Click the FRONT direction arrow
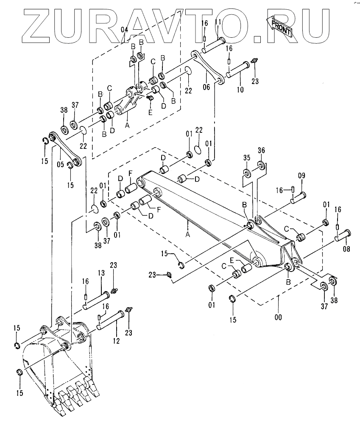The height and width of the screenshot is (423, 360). (x=279, y=27)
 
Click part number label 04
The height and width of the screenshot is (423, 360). (x=124, y=30)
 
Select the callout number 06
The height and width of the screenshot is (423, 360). (x=207, y=88)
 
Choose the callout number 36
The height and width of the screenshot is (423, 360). (x=261, y=151)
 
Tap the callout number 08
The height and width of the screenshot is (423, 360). (x=346, y=249)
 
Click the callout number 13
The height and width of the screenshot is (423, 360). (x=102, y=274)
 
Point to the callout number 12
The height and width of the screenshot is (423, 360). (x=116, y=340)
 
